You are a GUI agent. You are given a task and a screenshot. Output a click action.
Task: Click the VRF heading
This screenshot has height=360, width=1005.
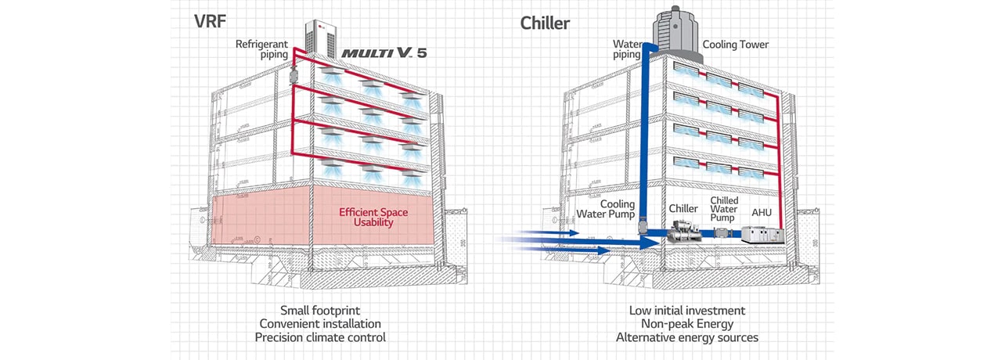click(x=211, y=21)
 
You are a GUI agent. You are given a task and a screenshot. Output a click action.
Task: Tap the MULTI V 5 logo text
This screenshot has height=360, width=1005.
click(x=384, y=52)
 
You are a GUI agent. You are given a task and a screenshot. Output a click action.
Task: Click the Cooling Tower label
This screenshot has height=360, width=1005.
click(x=735, y=45)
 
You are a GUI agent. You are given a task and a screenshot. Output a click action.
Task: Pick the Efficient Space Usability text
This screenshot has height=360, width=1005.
click(x=373, y=217)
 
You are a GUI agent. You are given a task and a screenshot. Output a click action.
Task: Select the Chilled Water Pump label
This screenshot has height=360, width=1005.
click(x=723, y=208)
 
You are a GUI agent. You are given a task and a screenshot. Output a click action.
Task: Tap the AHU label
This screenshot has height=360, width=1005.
click(x=762, y=212)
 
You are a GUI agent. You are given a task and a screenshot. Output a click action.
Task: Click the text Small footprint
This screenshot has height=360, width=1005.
click(x=320, y=310)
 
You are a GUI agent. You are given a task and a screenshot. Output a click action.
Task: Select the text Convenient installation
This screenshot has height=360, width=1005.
click(x=320, y=323)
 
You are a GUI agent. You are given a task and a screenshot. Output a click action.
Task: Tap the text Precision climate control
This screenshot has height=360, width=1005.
click(x=320, y=337)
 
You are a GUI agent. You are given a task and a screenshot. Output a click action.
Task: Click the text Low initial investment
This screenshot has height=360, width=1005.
click(x=687, y=310)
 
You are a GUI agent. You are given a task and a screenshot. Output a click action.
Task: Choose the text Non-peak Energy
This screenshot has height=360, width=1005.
click(x=687, y=323)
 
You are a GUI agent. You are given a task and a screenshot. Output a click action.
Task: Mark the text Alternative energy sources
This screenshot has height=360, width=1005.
click(x=687, y=337)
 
